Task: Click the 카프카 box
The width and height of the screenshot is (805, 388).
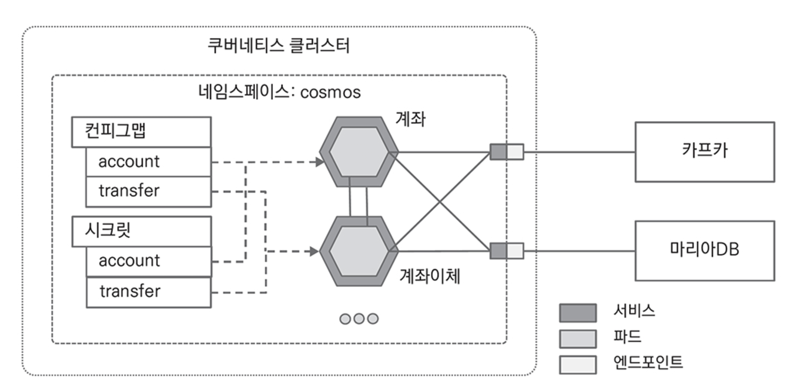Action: coord(705,152)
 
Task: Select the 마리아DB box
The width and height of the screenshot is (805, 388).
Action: coord(705,251)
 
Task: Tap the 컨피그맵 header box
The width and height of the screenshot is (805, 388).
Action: coord(141,132)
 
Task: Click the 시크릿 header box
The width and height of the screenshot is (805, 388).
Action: coord(141,231)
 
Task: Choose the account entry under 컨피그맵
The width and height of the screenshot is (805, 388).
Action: coord(149,162)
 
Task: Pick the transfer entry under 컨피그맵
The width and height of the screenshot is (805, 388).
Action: coord(149,191)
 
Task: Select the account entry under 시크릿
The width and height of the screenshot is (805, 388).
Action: coord(149,261)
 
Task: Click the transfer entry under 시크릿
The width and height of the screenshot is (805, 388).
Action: coord(149,292)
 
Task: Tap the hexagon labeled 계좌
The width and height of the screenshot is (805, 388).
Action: coord(359,152)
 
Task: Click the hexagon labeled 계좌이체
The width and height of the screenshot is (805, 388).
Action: coord(359,251)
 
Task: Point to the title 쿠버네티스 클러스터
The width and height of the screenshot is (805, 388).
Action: coord(279,46)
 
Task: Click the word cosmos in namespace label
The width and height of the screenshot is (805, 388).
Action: coord(330,92)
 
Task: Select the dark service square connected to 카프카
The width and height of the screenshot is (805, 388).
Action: coord(498,152)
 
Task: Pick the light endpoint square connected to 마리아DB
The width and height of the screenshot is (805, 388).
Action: coord(515,251)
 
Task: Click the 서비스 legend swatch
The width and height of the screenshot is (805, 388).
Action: coord(578,313)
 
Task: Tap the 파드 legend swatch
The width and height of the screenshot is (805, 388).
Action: coord(578,339)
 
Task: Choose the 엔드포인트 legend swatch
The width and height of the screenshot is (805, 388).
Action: coord(578,364)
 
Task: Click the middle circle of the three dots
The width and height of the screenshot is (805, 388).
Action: coord(359,319)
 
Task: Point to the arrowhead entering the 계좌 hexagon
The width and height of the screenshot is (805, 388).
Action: coord(320,162)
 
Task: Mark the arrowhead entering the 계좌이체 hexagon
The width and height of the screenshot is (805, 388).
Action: coord(314,251)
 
